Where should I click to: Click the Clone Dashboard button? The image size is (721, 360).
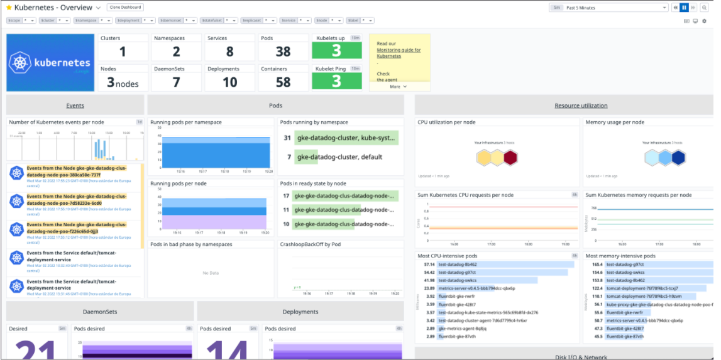click(x=125, y=8)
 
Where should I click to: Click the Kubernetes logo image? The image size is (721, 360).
click(x=49, y=63)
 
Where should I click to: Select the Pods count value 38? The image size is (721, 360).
click(x=283, y=52)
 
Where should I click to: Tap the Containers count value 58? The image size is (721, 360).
click(x=283, y=82)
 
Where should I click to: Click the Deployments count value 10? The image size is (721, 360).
click(x=229, y=82)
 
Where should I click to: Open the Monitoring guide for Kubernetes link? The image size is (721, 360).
click(x=399, y=53)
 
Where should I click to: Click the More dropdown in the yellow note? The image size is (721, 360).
click(x=398, y=87)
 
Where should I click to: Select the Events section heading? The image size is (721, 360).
click(x=75, y=106)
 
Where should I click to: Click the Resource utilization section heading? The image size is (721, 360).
click(x=581, y=106)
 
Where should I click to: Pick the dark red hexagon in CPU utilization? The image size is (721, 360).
click(x=510, y=158)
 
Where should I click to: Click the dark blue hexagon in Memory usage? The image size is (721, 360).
click(x=678, y=158)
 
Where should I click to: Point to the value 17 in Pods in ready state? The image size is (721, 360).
click(x=286, y=196)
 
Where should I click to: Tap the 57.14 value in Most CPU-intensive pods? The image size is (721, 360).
click(x=430, y=265)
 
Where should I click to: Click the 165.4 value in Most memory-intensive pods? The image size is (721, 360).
click(x=597, y=265)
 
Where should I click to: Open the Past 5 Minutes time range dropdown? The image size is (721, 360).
click(x=608, y=8)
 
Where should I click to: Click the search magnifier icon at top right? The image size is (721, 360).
click(x=705, y=8)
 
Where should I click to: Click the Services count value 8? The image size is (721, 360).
click(x=229, y=52)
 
